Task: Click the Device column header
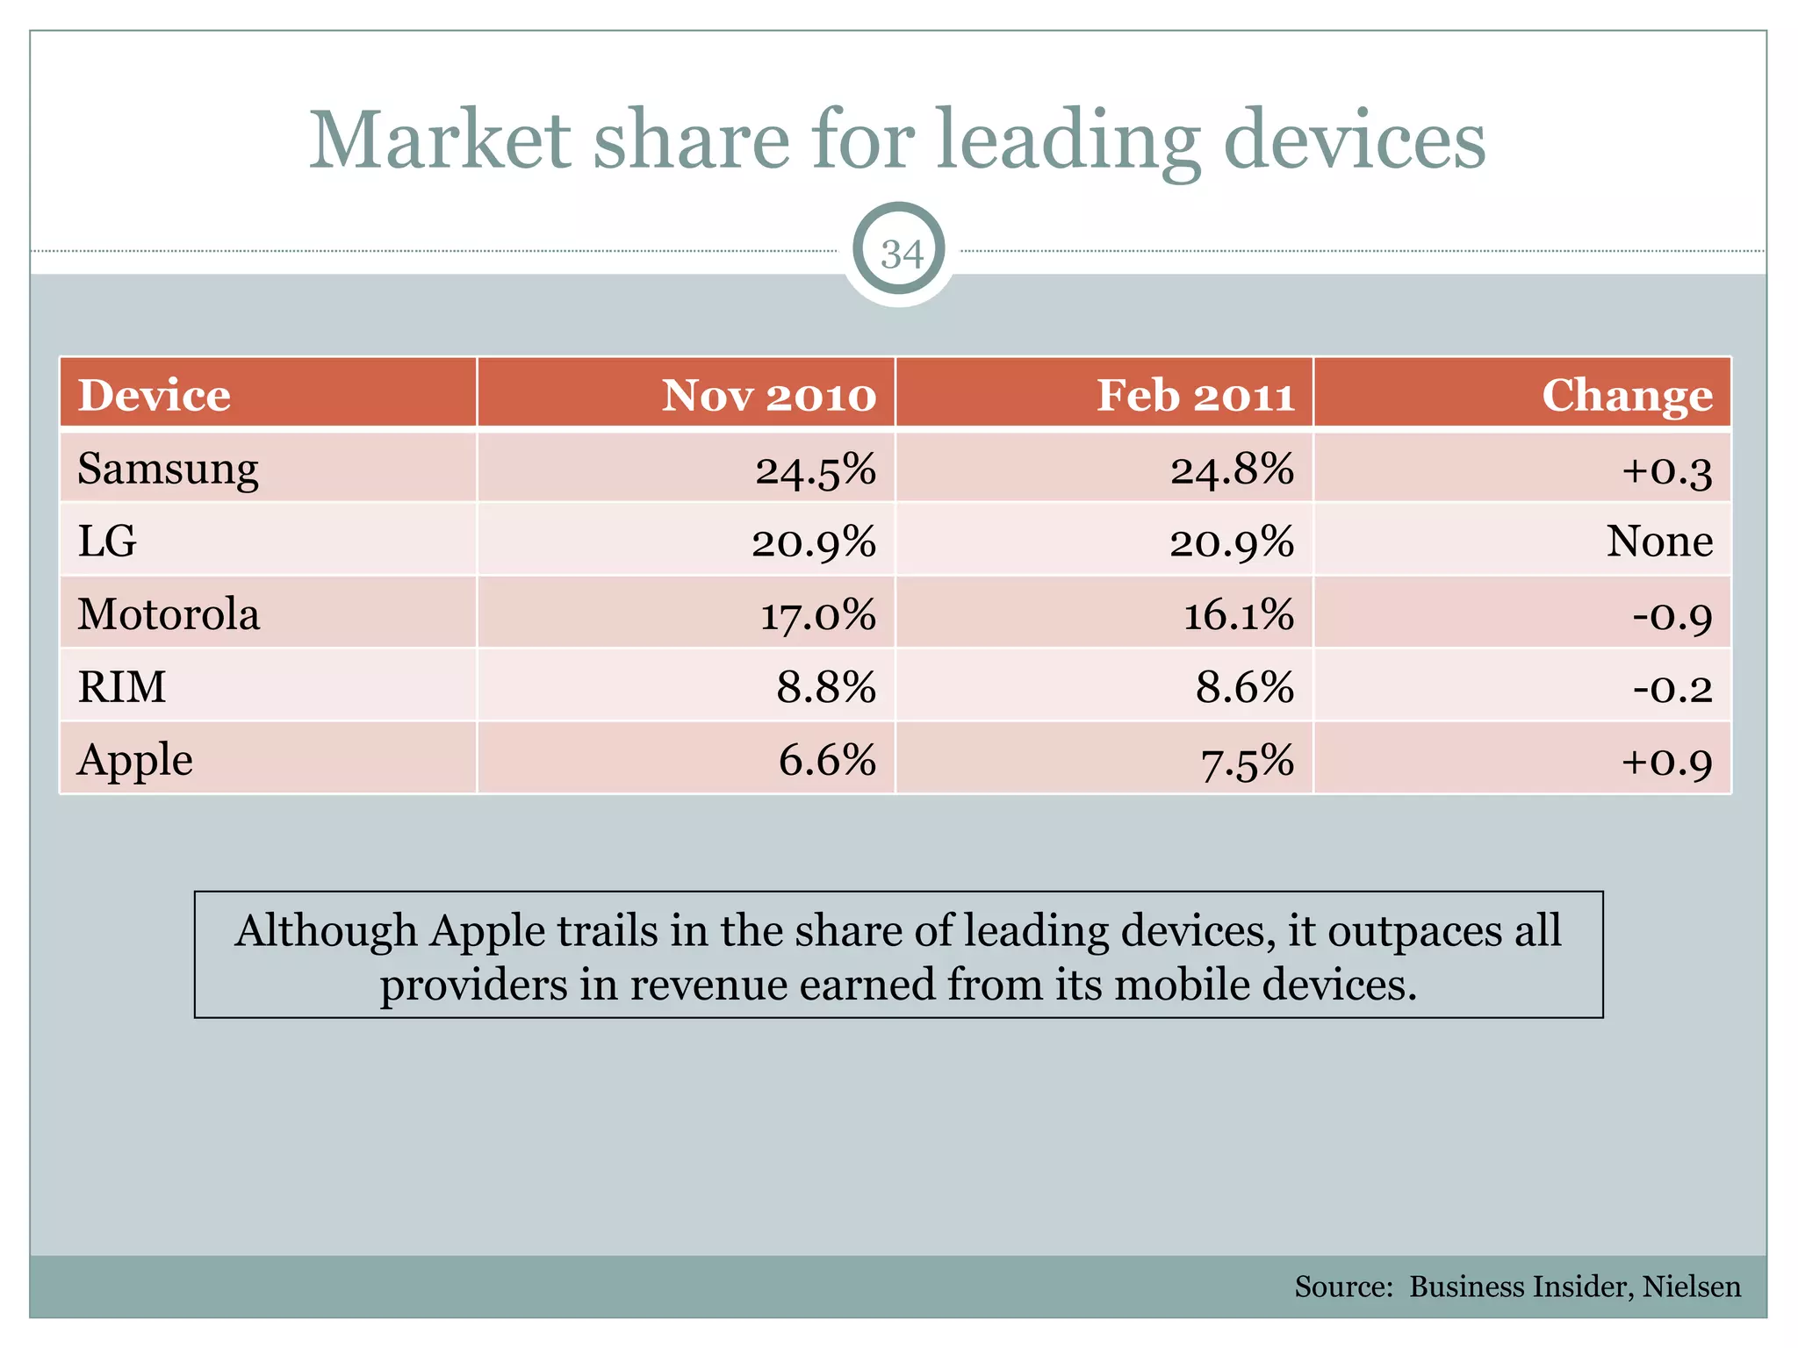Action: coord(155,396)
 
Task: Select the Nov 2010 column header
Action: coord(768,396)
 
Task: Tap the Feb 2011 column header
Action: coord(1196,396)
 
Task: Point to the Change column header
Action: coord(1627,396)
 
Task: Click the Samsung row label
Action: coord(168,470)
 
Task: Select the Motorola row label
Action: coord(169,614)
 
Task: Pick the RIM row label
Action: coord(122,686)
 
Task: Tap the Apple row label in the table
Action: coord(135,760)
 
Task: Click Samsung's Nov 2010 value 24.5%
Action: coord(816,470)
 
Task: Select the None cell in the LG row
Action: coord(1659,541)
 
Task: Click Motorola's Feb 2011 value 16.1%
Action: coord(1239,614)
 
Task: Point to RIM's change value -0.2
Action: coord(1672,687)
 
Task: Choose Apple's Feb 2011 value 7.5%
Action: coord(1248,761)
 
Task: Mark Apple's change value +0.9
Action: coord(1666,761)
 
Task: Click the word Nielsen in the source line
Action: coord(1691,1287)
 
